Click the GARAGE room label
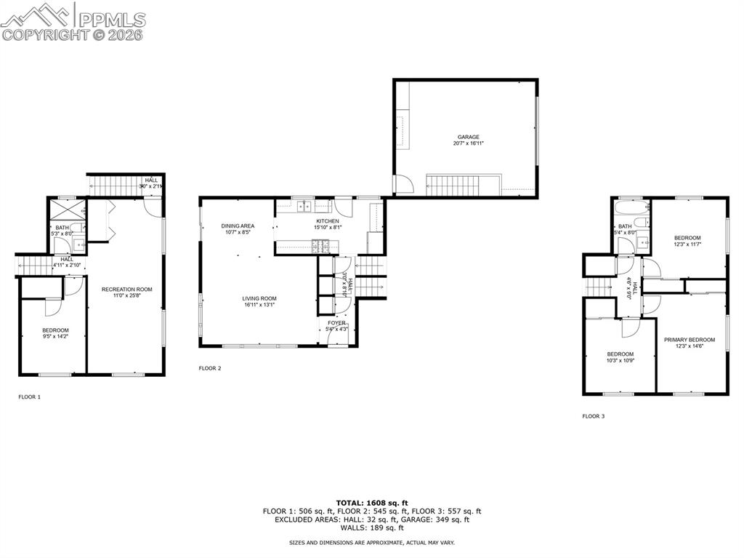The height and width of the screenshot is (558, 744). (x=468, y=137)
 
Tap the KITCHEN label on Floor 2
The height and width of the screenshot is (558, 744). (x=327, y=221)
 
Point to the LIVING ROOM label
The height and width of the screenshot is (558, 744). (x=259, y=298)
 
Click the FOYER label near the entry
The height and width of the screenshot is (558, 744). (x=336, y=323)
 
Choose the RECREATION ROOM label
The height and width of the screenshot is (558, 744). (x=126, y=290)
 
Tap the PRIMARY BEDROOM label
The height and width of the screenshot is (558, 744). (x=689, y=340)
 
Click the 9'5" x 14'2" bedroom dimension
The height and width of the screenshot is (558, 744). (x=54, y=337)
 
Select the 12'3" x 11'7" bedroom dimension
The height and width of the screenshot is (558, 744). (x=687, y=244)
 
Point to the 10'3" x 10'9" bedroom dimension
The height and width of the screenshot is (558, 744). (x=620, y=361)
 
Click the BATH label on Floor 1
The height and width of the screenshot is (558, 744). (x=62, y=228)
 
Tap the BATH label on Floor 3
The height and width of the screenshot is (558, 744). (x=625, y=227)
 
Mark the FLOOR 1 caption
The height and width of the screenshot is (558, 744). (x=30, y=397)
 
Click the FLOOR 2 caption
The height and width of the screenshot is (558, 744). (x=210, y=368)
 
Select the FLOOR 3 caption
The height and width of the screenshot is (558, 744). (x=593, y=416)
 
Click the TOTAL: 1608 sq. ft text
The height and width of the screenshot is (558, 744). (x=372, y=503)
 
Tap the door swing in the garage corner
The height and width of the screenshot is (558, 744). (x=404, y=185)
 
